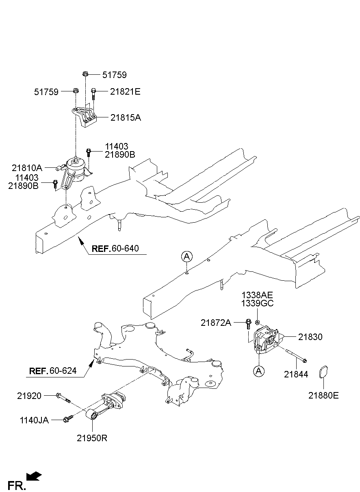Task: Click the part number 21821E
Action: (x=125, y=92)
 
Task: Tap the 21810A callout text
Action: (x=27, y=167)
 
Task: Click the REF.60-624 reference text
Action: (x=52, y=371)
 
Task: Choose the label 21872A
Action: (x=216, y=323)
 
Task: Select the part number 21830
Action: (x=310, y=337)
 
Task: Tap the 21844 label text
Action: (x=296, y=375)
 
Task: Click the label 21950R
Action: (x=92, y=438)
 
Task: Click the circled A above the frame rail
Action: (x=187, y=256)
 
